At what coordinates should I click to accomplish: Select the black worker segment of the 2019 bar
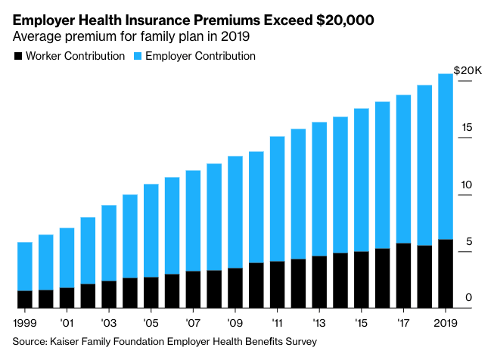click(x=446, y=274)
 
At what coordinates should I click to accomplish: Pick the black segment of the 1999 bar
click(x=25, y=299)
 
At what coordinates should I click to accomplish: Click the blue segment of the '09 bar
click(x=235, y=212)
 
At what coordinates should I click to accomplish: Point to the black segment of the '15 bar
click(x=362, y=280)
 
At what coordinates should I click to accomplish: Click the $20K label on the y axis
click(x=467, y=70)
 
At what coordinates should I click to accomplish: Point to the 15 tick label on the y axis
click(x=467, y=128)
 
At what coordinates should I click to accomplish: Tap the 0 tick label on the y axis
click(x=469, y=298)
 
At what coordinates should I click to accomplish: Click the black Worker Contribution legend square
click(x=17, y=56)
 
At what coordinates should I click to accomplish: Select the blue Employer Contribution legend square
click(x=137, y=56)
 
